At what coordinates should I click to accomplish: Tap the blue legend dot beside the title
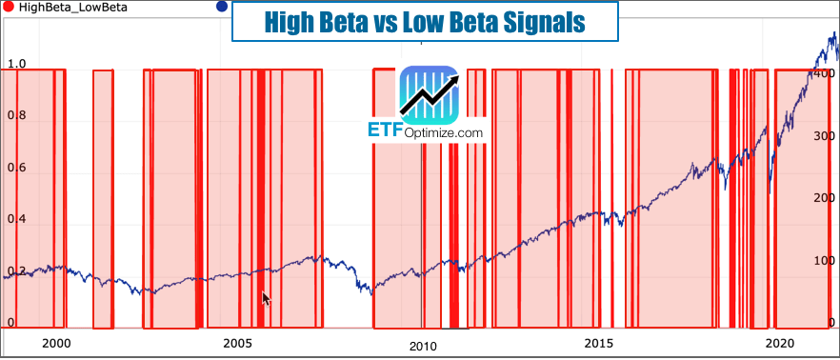[222, 8]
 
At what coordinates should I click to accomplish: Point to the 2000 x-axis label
[56, 343]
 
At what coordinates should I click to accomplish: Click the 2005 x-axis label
[236, 343]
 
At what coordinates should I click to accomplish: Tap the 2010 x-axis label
[423, 348]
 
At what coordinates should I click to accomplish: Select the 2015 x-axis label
[598, 343]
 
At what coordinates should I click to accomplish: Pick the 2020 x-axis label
[780, 343]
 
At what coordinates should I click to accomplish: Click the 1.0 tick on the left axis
[16, 65]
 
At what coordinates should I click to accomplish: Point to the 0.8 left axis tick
[16, 116]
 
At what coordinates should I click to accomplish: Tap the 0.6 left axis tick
[16, 168]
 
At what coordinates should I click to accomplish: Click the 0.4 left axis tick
[16, 219]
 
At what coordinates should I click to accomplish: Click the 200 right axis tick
[825, 198]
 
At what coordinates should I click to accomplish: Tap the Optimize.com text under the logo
[443, 134]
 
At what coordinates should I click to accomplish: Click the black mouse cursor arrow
[267, 298]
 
